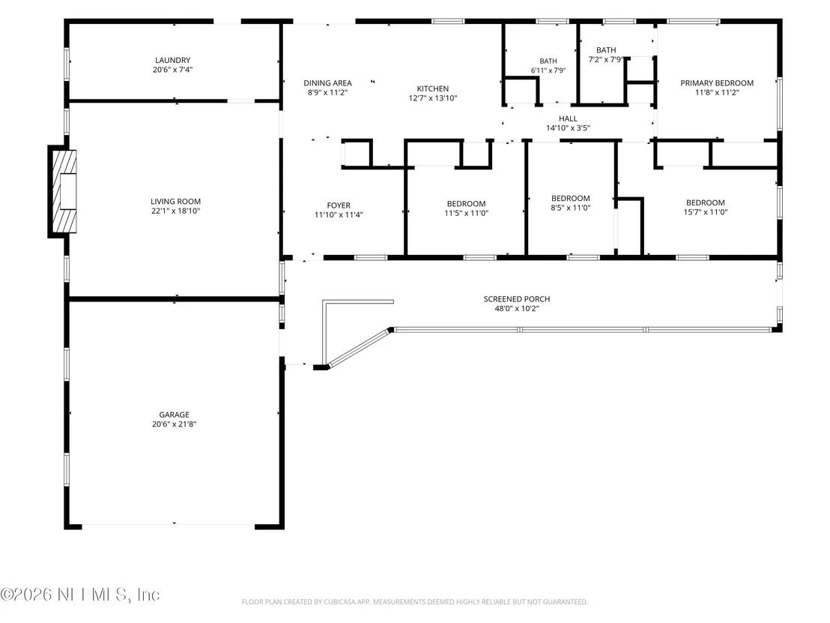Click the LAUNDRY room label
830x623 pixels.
[x=172, y=61]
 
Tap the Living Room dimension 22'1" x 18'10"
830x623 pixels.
[x=176, y=211]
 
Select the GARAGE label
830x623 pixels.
[x=174, y=415]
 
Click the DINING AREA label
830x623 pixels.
[x=327, y=83]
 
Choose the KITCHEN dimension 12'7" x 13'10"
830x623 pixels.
[x=432, y=98]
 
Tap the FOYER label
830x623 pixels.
[x=339, y=205]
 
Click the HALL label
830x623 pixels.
[x=568, y=118]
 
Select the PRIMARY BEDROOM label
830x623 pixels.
[x=717, y=83]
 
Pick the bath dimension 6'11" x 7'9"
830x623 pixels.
[x=548, y=70]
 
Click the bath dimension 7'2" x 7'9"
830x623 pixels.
[x=606, y=59]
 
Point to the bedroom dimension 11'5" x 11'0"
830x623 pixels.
[x=467, y=214]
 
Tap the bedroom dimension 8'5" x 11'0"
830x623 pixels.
[x=571, y=208]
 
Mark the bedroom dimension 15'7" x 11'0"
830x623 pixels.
[x=706, y=212]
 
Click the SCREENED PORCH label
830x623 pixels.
[x=517, y=299]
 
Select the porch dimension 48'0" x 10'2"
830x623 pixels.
[x=517, y=308]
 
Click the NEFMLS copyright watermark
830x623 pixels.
[x=80, y=595]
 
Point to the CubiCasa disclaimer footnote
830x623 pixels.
[x=414, y=602]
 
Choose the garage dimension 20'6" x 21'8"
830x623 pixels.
[x=174, y=424]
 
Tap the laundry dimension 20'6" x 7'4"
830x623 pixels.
[x=172, y=70]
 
